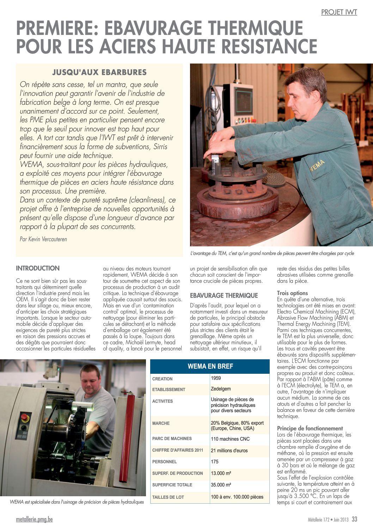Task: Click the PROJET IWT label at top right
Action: [339, 12]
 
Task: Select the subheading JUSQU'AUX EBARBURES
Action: [99, 72]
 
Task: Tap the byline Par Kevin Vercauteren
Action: [43, 239]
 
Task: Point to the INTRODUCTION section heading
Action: [38, 268]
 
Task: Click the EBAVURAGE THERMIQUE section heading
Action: [224, 295]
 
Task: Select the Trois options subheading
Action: [292, 293]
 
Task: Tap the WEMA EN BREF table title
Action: [210, 366]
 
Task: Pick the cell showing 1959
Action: [216, 378]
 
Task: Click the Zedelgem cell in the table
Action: [221, 389]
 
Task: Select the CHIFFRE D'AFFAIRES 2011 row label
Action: [178, 450]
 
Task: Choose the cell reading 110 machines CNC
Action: [230, 439]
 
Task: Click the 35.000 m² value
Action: [221, 485]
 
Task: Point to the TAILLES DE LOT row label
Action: [168, 497]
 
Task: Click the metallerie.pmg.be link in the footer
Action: [34, 520]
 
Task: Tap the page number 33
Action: [354, 519]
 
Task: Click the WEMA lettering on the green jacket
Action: [318, 165]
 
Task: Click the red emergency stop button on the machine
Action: [25, 418]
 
